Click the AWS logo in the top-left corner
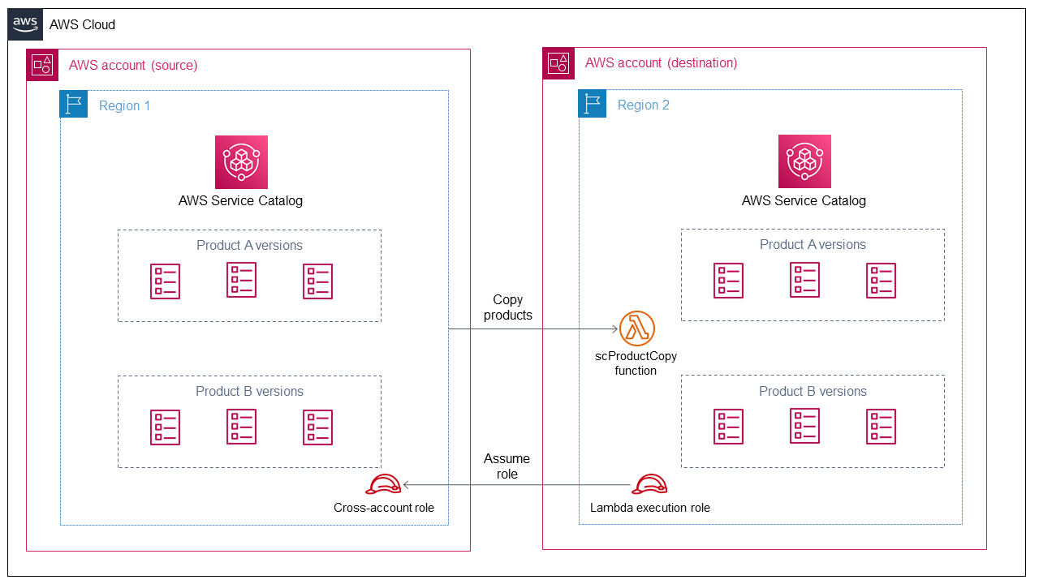tap(24, 24)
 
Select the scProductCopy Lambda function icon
tap(636, 328)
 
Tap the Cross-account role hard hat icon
tap(384, 484)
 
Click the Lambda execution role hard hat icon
tap(650, 484)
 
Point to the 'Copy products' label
tap(507, 307)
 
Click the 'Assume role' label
tap(507, 466)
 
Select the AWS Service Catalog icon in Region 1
tap(241, 162)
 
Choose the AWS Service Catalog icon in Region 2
tap(804, 162)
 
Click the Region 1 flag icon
tap(74, 105)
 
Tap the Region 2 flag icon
tap(593, 105)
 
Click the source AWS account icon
tap(41, 64)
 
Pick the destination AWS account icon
tap(558, 62)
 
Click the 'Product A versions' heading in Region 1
tap(249, 245)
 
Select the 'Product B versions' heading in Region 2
tap(813, 391)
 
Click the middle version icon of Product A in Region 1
tap(241, 280)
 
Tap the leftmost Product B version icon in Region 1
tap(165, 427)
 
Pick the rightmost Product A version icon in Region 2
tap(881, 281)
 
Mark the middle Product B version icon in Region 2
tap(804, 426)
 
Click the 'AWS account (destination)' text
tap(661, 62)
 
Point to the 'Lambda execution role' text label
tap(650, 508)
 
